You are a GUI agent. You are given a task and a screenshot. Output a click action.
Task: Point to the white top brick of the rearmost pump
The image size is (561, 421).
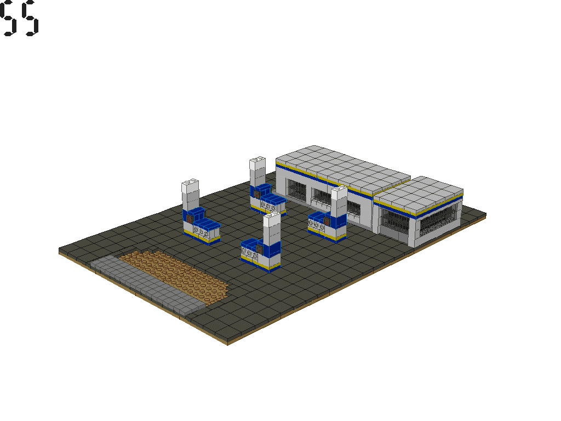[x=256, y=171]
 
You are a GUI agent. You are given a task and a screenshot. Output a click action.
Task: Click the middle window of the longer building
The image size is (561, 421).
[x=322, y=198]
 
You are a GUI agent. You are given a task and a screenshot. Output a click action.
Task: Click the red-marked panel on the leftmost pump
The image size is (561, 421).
[x=190, y=218]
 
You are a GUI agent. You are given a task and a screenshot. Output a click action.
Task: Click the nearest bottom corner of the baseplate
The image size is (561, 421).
[x=227, y=343]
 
